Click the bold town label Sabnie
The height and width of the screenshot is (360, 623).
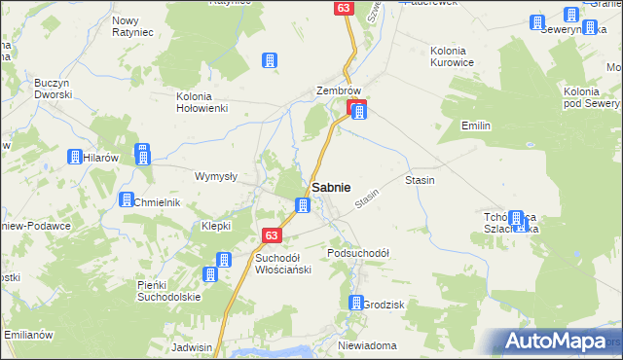331,187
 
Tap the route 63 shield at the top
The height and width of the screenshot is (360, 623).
343,8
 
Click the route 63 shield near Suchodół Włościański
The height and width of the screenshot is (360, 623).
273,235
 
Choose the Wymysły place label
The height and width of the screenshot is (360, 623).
216,176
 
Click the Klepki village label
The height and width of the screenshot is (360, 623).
215,225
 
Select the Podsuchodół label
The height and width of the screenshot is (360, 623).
358,252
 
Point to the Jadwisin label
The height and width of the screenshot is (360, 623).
191,346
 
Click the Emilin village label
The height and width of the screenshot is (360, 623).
476,126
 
